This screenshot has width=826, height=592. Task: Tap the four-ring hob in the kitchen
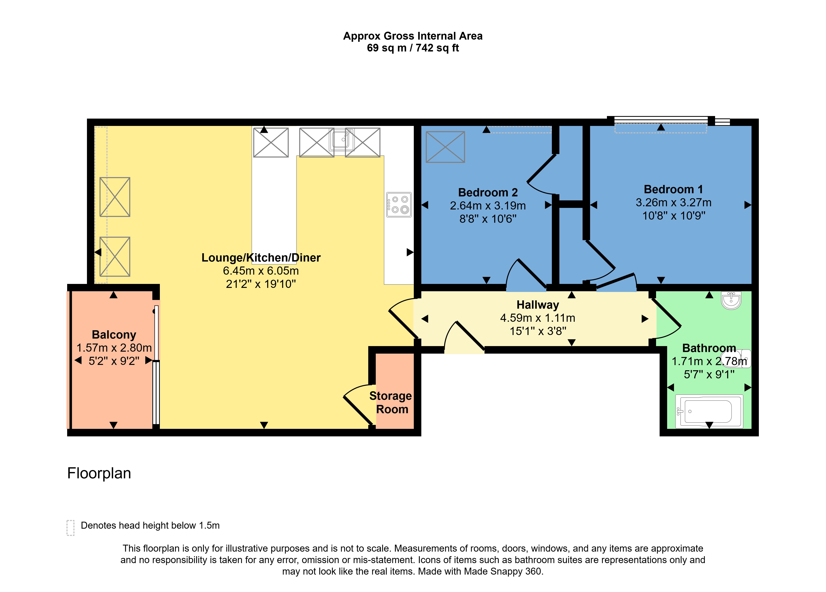[399, 205]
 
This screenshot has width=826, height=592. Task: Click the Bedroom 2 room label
[488, 192]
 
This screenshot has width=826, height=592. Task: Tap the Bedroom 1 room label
[673, 189]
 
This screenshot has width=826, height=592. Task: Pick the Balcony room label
[114, 335]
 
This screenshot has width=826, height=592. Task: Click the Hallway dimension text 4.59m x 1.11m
[538, 318]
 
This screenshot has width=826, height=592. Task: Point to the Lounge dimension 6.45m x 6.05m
[261, 271]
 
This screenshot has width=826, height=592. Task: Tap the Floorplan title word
[99, 473]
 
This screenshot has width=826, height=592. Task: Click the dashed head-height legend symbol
[71, 528]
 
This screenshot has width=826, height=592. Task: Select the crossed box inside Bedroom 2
[445, 147]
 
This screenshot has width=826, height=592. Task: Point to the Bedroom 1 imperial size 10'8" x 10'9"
[674, 216]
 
